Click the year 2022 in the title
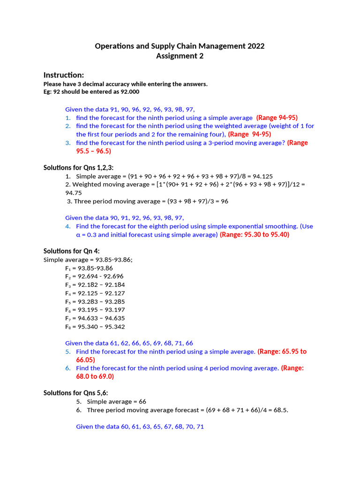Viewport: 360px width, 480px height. [255, 46]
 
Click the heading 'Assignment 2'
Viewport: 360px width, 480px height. [180, 56]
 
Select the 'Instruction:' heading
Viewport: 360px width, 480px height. [64, 75]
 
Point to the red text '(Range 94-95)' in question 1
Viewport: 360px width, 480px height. [277, 118]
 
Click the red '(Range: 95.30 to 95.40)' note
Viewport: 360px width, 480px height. [255, 234]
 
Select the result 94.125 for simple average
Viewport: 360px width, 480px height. [263, 176]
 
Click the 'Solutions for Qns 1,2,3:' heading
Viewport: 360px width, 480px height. [78, 167]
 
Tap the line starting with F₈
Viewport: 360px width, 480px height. [95, 327]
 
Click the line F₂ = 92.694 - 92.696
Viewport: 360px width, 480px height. [95, 276]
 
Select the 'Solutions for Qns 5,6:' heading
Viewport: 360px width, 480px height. [75, 393]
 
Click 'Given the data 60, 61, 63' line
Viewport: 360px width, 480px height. [140, 427]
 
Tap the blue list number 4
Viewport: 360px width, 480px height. [68, 226]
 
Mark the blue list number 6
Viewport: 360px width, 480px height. [68, 368]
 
